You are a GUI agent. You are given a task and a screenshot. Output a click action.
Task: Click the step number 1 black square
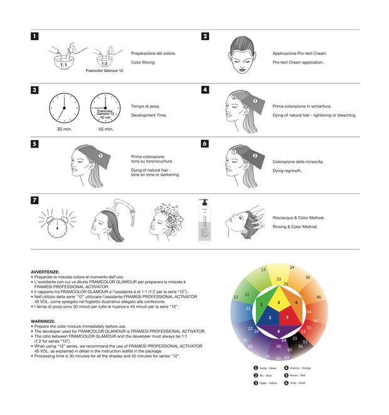[35, 36]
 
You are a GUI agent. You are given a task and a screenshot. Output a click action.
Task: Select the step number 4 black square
[205, 90]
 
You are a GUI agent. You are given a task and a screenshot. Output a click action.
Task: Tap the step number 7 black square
[35, 200]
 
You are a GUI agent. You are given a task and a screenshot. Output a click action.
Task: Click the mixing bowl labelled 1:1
[63, 60]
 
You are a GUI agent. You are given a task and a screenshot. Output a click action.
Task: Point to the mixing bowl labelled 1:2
[104, 60]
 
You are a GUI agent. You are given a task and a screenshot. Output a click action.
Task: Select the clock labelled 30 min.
[63, 107]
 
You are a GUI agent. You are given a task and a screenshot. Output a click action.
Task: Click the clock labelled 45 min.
[105, 107]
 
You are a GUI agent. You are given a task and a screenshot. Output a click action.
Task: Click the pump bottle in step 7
[203, 220]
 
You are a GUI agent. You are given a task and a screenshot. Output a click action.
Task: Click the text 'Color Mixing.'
[143, 63]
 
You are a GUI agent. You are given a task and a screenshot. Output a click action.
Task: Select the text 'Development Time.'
[149, 116]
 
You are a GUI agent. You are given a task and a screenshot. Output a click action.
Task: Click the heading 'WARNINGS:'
[43, 321]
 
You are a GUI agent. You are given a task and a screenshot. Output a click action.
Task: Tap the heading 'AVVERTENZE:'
[45, 272]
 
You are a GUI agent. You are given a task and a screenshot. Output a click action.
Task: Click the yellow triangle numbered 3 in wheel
[279, 302]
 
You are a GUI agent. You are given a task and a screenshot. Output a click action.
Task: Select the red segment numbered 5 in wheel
[287, 317]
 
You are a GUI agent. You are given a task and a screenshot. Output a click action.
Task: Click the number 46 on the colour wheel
[319, 297]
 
